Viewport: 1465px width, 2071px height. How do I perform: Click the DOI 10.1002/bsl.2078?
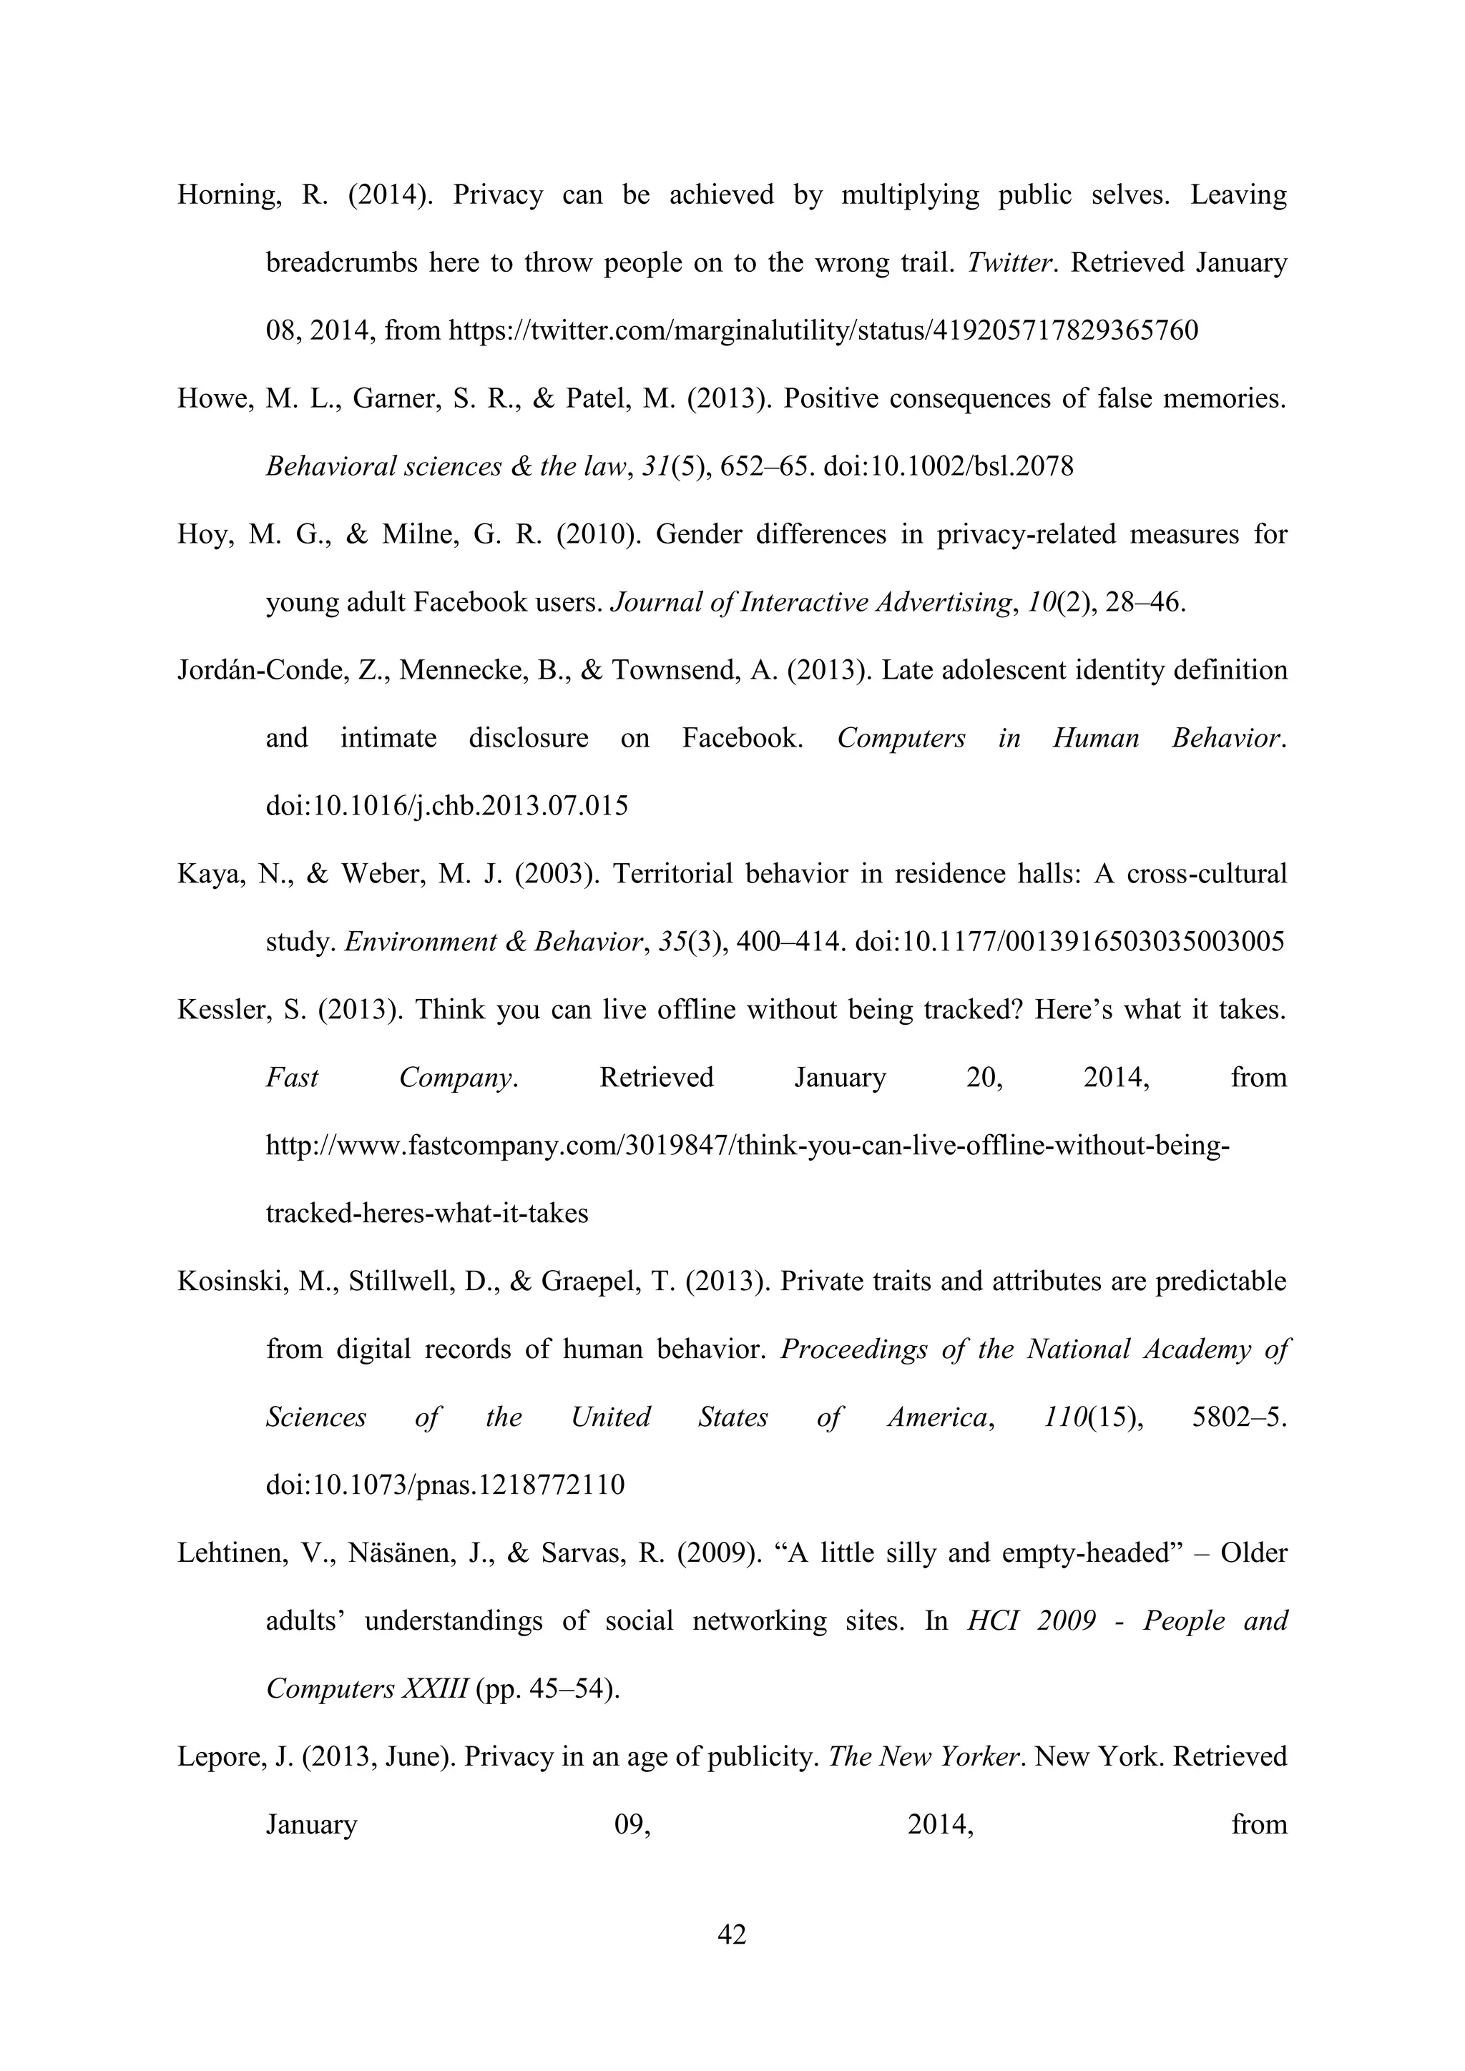coord(948,467)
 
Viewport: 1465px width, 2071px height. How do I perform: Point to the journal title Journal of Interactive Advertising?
coord(809,603)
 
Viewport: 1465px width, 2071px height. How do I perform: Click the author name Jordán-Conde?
coord(260,670)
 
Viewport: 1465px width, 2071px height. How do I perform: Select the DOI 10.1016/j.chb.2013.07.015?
coord(446,805)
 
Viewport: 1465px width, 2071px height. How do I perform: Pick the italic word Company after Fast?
coord(457,1078)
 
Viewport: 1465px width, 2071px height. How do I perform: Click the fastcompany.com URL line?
coord(747,1146)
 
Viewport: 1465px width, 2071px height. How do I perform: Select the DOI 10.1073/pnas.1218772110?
coord(445,1485)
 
